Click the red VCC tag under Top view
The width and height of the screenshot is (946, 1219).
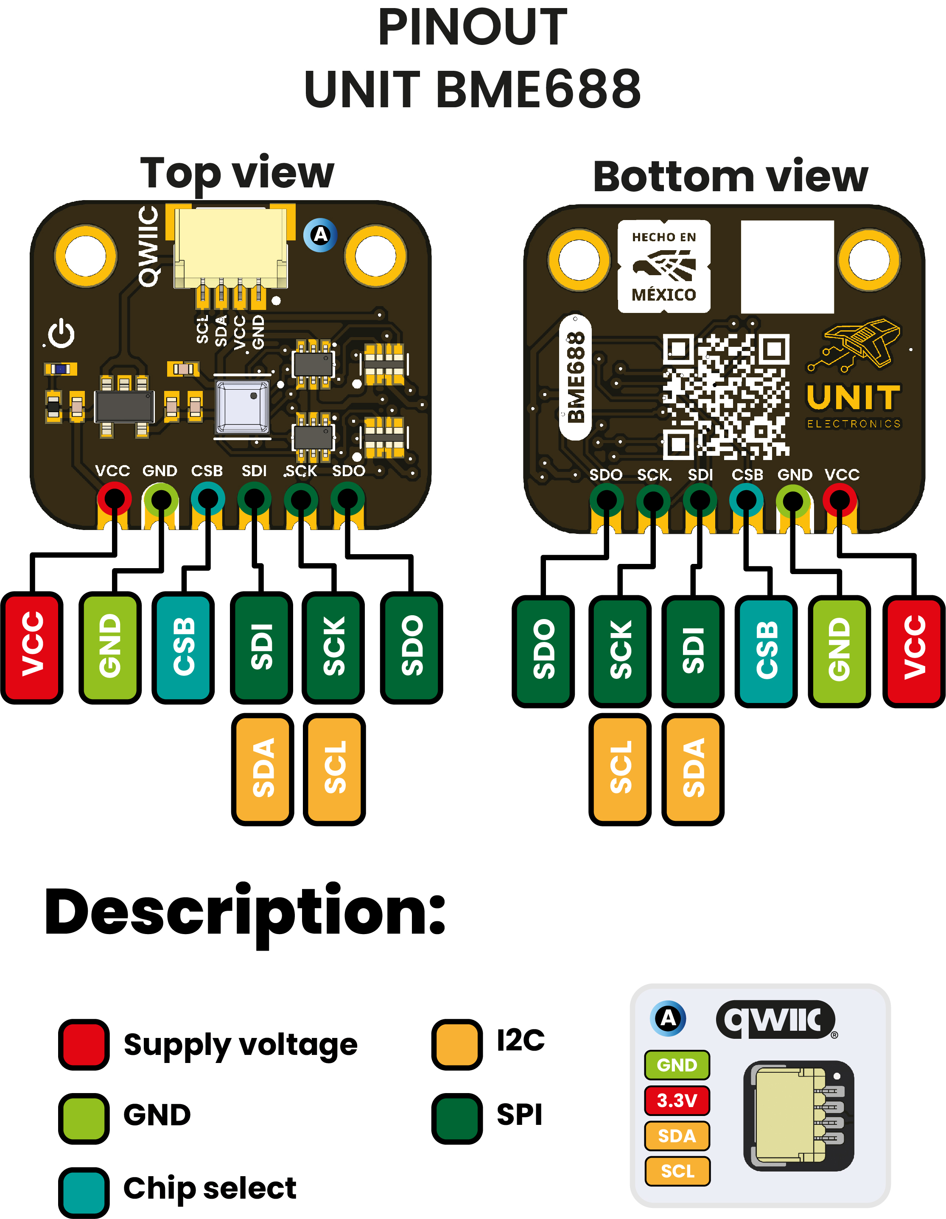[32, 647]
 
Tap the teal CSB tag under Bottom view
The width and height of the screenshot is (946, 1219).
[766, 651]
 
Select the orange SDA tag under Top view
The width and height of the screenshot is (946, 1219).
[263, 769]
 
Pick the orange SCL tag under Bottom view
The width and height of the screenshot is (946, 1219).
[620, 769]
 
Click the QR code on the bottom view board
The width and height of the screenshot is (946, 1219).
[725, 396]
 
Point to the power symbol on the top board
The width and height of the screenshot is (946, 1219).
[61, 334]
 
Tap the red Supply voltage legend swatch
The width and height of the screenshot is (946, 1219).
[84, 1044]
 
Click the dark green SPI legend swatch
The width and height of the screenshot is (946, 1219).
[457, 1118]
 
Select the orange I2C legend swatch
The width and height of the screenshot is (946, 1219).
[457, 1044]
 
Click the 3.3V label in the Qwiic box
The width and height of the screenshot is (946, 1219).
[677, 1100]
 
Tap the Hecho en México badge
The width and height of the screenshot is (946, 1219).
[664, 266]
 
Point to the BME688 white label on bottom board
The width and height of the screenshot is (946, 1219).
[575, 377]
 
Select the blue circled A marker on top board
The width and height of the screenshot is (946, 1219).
[320, 235]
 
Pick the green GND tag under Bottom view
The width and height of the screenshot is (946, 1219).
[839, 651]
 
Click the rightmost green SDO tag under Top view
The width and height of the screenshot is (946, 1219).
[411, 647]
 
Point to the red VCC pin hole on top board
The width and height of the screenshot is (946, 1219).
[115, 499]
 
